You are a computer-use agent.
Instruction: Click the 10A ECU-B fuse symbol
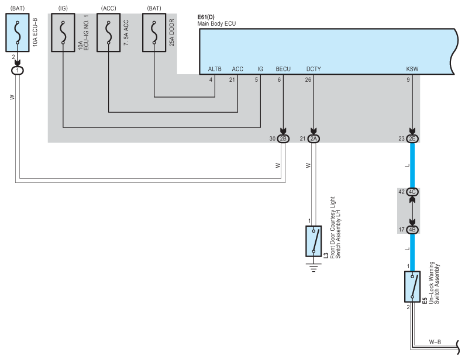pos(18,34)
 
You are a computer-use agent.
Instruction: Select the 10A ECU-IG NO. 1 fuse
pos(63,34)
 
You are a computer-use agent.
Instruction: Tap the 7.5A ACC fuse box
pos(108,34)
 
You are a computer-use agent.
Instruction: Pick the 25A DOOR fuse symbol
pos(154,34)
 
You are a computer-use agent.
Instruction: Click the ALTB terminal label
pos(215,69)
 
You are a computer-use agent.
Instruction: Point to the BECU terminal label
pos(283,69)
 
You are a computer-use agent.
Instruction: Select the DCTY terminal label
pos(314,69)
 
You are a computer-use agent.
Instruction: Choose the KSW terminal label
pos(412,69)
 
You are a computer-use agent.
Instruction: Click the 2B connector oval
pos(284,139)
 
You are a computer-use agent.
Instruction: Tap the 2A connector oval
pos(314,139)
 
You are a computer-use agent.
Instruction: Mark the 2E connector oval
pos(413,139)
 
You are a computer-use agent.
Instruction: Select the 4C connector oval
pos(413,192)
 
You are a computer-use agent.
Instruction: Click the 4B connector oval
pos(413,230)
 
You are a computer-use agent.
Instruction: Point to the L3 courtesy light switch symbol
pos(314,241)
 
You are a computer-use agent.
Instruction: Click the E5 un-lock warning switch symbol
pos(413,287)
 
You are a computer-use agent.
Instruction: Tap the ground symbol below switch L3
pos(314,269)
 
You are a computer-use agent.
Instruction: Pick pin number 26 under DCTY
pos(308,80)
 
